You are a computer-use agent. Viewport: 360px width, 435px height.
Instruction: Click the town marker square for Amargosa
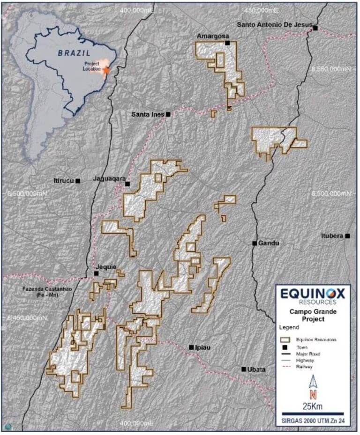[x=227, y=43]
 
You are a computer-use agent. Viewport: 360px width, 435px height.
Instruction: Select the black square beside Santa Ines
[x=168, y=114]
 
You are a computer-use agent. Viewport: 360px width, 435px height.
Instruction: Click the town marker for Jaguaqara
[x=127, y=184]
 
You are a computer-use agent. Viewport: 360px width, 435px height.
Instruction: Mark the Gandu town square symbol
[x=255, y=243]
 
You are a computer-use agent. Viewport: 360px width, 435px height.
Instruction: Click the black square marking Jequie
[x=96, y=273]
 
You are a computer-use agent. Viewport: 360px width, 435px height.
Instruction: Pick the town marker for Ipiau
[x=191, y=347]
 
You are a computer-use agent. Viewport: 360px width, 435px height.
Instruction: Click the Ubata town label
[x=256, y=369]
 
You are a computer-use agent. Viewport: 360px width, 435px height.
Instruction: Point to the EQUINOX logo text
[x=313, y=294]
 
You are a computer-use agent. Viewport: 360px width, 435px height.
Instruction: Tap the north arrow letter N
[x=313, y=393]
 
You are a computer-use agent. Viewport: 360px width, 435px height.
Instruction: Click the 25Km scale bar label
[x=313, y=406]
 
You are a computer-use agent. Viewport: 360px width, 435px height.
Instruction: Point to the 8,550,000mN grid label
[x=330, y=69]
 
